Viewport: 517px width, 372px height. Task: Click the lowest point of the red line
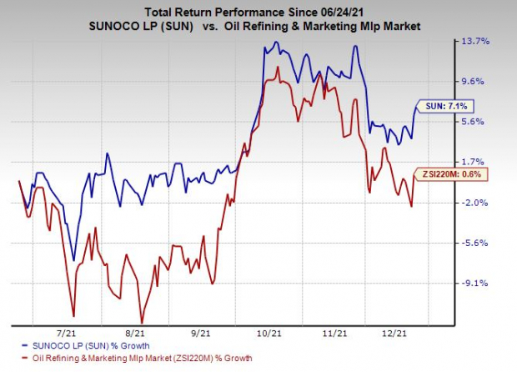point(142,322)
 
